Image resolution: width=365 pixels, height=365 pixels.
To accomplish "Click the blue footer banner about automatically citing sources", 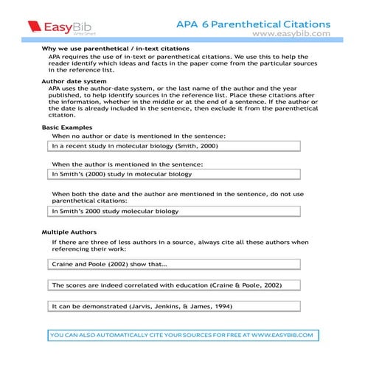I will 182,335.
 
